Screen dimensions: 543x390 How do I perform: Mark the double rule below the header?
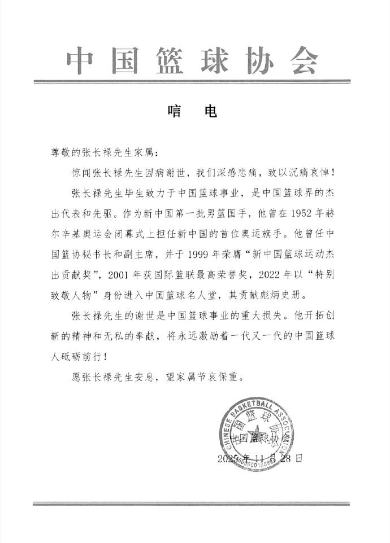click(x=195, y=82)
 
